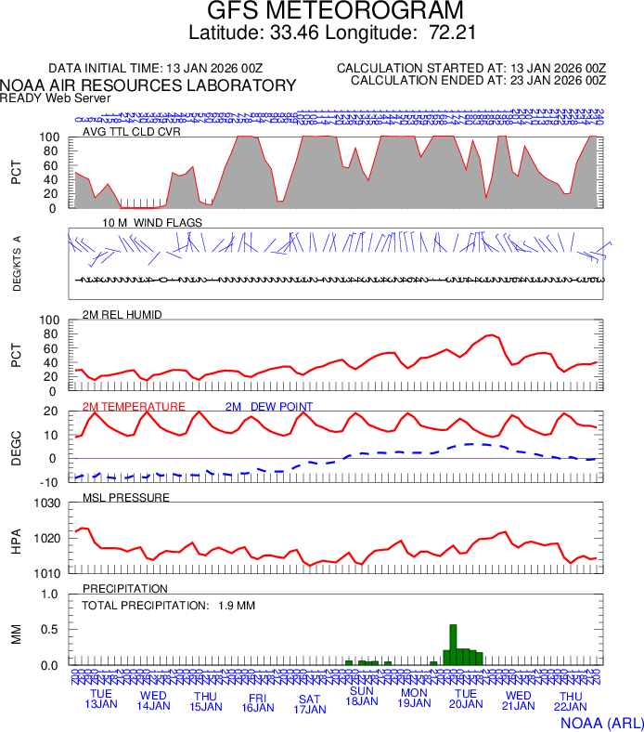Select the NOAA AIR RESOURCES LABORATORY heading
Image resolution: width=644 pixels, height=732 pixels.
pyautogui.click(x=148, y=85)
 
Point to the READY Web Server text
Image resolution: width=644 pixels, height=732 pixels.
pyautogui.click(x=56, y=98)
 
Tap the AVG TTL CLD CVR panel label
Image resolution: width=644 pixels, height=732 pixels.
pyautogui.click(x=132, y=131)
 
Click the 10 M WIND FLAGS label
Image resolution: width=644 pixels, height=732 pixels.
pyautogui.click(x=152, y=223)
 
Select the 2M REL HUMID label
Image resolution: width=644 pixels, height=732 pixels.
pyautogui.click(x=122, y=315)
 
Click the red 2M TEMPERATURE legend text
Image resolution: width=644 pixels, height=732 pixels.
pyautogui.click(x=134, y=407)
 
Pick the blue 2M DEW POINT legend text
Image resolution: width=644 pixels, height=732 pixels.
pyautogui.click(x=269, y=407)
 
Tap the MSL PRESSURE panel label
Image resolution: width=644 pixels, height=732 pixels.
pyautogui.click(x=126, y=498)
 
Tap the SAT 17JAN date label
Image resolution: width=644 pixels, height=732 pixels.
pyautogui.click(x=309, y=704)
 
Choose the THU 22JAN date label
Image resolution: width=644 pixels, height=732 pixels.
pyautogui.click(x=570, y=702)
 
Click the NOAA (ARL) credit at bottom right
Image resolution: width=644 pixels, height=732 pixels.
pyautogui.click(x=600, y=722)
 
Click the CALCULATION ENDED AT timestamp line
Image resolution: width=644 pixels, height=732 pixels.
pyautogui.click(x=477, y=81)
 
